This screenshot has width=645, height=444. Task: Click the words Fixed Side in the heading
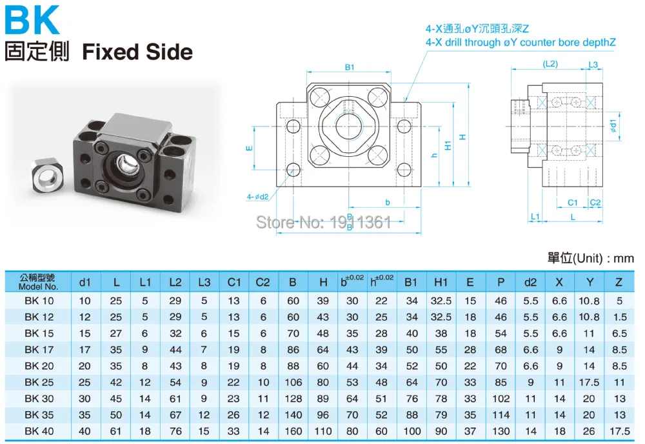pos(137,52)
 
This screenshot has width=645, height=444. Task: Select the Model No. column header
pos(38,282)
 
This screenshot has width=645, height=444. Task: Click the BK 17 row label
pos(39,350)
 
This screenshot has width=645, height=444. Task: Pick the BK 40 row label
pos(39,431)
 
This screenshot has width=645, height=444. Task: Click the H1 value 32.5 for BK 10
pos(441,301)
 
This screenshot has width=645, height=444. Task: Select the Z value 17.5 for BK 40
pos(619,431)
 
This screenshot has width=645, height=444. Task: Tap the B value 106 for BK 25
pos(293,382)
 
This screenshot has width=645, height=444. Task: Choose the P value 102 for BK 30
pos(501,399)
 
